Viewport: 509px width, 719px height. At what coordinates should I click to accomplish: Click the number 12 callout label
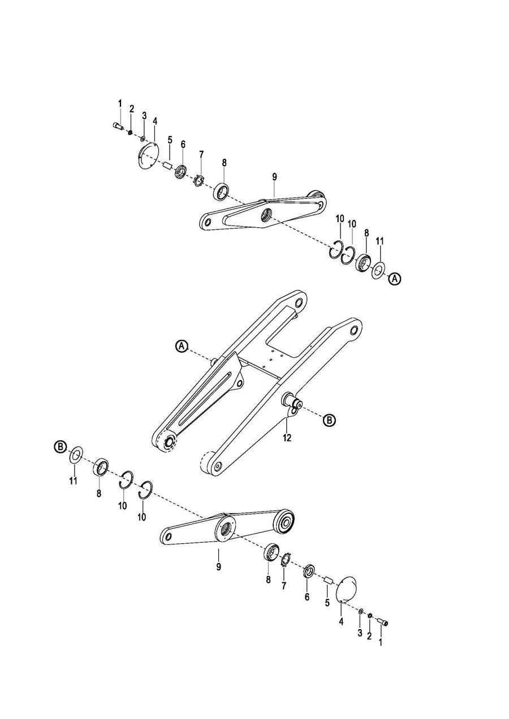[287, 438]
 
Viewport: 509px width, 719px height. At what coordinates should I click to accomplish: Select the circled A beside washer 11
[395, 279]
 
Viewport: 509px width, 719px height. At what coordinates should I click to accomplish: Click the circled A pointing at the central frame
[181, 346]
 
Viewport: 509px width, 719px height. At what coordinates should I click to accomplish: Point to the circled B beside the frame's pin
[329, 419]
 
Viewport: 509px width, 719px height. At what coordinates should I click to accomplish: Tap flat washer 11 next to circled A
[378, 270]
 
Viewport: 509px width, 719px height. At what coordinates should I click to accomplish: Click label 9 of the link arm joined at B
[218, 566]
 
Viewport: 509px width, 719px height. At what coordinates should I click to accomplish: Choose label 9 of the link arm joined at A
[274, 177]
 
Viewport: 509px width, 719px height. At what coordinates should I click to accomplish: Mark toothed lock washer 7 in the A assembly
[198, 181]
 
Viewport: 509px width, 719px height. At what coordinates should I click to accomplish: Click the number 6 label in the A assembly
[183, 145]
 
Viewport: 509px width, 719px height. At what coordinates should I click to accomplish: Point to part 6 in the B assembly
[309, 571]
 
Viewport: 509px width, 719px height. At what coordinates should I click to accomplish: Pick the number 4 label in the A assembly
[154, 121]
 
